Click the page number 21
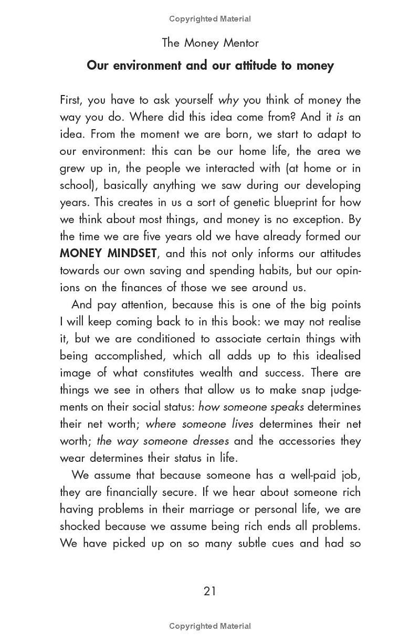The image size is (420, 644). tap(209, 591)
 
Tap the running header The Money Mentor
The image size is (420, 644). tap(210, 43)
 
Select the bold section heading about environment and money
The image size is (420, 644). tap(210, 66)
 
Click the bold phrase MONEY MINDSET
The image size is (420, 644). tap(108, 253)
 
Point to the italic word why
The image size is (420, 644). tap(228, 100)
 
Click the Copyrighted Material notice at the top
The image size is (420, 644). tap(210, 19)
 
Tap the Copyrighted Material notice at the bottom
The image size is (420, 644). tap(210, 626)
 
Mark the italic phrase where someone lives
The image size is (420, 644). tap(199, 424)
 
